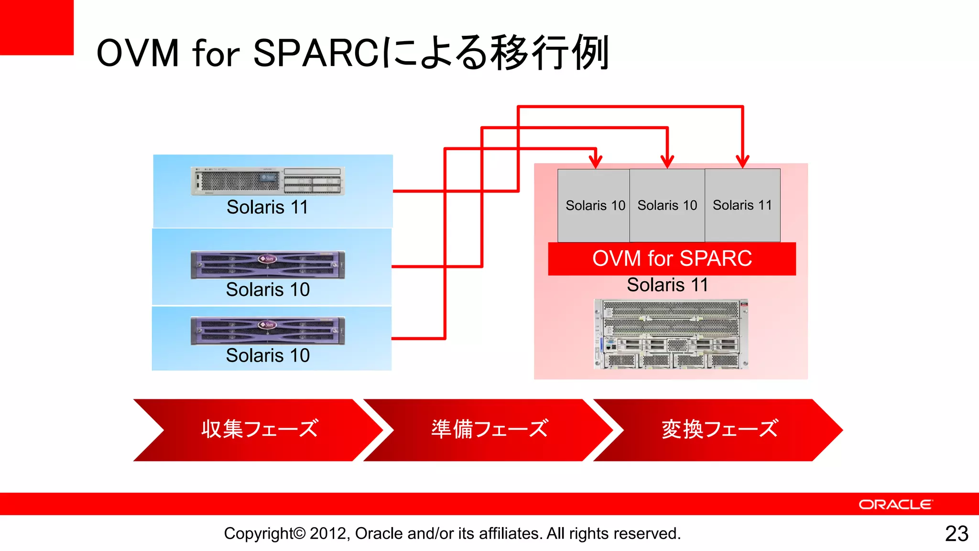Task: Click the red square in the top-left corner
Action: click(36, 27)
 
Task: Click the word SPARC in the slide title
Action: click(316, 53)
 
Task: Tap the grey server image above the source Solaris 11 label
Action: click(268, 181)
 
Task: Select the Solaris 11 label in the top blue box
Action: click(267, 207)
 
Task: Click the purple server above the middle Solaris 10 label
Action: click(268, 264)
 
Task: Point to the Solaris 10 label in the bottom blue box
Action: click(268, 355)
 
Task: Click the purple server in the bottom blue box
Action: click(268, 331)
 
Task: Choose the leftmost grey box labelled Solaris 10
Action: click(594, 205)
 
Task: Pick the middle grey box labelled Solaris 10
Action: click(667, 205)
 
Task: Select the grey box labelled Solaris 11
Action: click(742, 205)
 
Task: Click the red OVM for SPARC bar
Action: click(672, 259)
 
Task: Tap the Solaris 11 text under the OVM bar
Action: click(667, 285)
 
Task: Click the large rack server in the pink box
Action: click(671, 334)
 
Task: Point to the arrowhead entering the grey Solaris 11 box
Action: click(742, 162)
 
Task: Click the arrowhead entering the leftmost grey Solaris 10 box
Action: click(595, 162)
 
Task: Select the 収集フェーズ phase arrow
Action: click(258, 430)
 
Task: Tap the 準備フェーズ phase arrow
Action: click(489, 430)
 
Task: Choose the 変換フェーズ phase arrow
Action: click(718, 430)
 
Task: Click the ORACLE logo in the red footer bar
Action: click(895, 505)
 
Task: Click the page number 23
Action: click(956, 533)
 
